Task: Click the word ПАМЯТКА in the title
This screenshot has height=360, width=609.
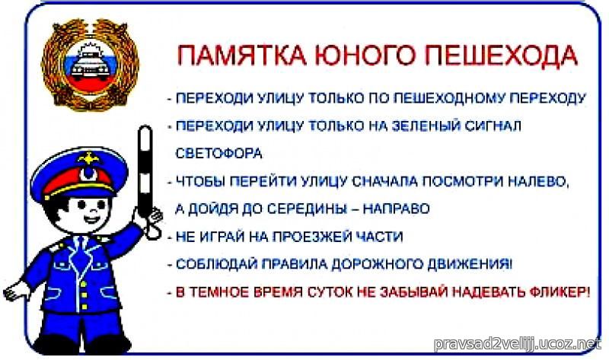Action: (241, 55)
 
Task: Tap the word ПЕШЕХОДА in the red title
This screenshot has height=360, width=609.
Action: (501, 55)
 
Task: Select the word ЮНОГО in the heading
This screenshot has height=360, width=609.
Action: (364, 55)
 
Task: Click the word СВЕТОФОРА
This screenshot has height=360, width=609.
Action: (219, 154)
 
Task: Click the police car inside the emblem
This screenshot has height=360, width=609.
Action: (91, 65)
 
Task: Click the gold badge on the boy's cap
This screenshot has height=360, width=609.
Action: (89, 158)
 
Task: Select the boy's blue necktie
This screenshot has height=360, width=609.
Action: (81, 254)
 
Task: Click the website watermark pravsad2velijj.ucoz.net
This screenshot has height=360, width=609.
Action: (518, 344)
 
